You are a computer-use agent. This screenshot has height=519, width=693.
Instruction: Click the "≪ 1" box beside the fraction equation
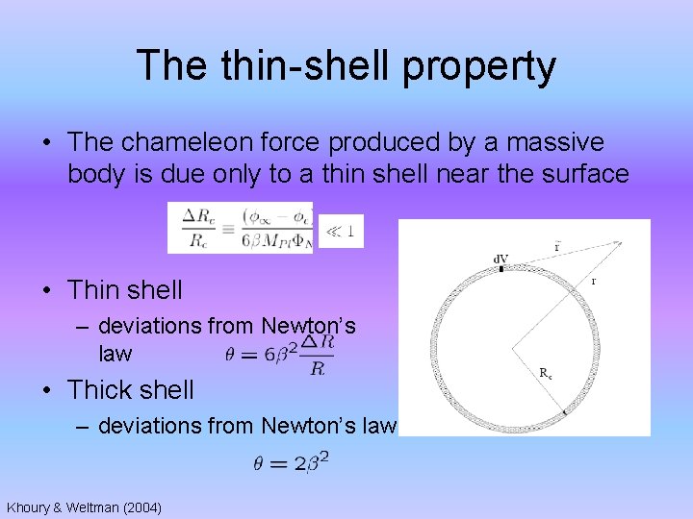pos(341,232)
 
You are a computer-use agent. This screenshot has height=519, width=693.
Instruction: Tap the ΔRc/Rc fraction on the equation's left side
pos(200,229)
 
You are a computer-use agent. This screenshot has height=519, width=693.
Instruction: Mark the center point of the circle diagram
pos(512,347)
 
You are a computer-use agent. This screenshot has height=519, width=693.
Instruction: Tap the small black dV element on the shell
pos(500,268)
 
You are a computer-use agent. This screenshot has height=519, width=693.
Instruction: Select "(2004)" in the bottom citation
pos(140,507)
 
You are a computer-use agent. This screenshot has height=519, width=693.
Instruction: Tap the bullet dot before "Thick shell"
pos(48,391)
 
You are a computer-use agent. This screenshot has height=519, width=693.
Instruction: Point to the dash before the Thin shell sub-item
pos(86,327)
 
